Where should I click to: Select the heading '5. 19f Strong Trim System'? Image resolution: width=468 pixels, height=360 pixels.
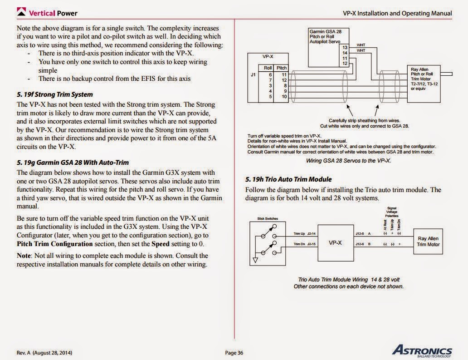click(55, 94)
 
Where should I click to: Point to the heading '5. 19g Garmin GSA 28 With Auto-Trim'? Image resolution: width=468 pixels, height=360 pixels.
click(73, 162)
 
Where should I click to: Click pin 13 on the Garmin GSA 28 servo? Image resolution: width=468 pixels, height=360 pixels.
click(345, 47)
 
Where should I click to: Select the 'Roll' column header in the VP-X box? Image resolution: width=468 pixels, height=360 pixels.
click(268, 68)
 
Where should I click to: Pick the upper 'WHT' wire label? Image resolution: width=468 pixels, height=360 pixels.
click(361, 45)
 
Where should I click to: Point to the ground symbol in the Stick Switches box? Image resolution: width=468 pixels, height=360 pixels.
click(255, 260)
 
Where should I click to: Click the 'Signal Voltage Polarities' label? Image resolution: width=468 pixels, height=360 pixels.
click(391, 212)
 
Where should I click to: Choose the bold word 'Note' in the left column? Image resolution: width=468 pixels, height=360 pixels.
click(24, 256)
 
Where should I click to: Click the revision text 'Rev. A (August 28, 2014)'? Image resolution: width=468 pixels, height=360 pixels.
click(44, 353)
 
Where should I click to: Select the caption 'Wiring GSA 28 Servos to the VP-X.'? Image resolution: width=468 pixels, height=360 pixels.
click(348, 161)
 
